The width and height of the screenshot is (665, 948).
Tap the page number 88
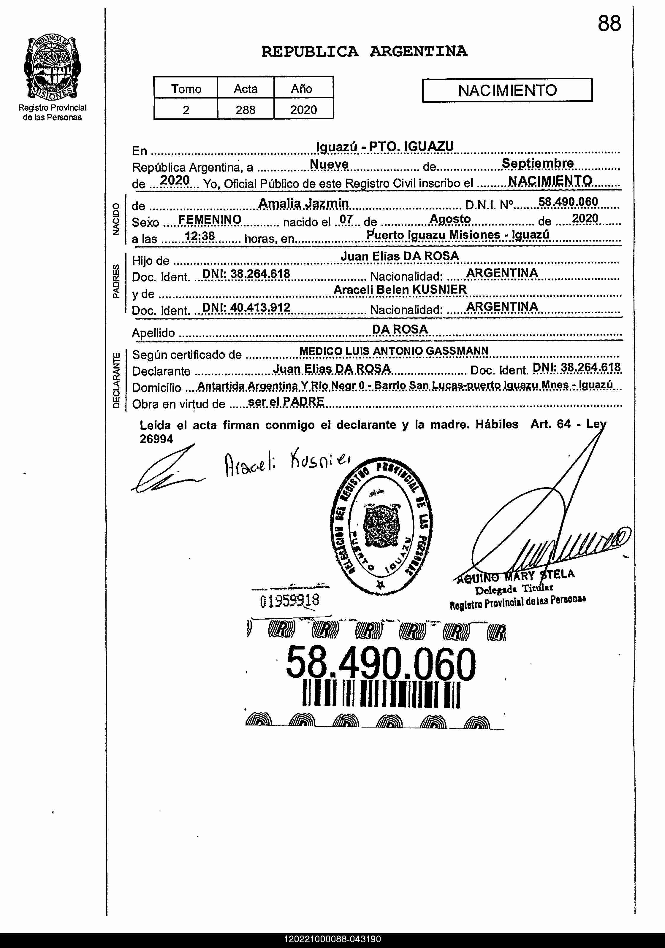coord(609,23)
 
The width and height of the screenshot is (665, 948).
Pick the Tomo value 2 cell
coord(186,109)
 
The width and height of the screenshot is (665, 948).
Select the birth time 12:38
coord(199,236)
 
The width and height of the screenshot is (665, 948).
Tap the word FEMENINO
coord(210,219)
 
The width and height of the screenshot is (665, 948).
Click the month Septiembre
coord(537,163)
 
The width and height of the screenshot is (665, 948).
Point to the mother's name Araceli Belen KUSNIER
coord(400,289)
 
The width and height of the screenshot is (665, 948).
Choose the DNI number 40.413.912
coord(246,307)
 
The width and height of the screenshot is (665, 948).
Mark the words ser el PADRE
coord(286,401)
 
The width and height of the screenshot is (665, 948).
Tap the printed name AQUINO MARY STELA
coord(515,576)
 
